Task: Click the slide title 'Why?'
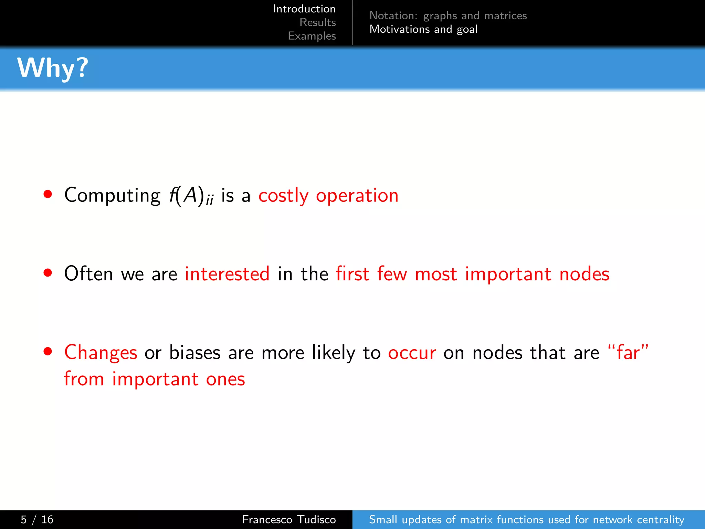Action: click(53, 68)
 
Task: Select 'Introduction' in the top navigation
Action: click(304, 9)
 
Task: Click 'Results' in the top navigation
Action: click(317, 22)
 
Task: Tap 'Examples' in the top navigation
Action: click(312, 36)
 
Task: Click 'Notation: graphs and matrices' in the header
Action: click(448, 15)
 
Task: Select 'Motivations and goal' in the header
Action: click(423, 29)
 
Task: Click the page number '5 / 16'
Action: click(37, 519)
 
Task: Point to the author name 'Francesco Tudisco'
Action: click(288, 519)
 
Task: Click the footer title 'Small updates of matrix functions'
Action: click(526, 519)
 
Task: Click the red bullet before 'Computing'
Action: click(48, 194)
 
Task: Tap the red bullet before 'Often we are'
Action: click(48, 273)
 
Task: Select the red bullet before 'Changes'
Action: click(48, 351)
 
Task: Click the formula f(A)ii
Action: click(191, 196)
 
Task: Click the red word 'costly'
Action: click(283, 196)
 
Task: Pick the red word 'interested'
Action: click(227, 274)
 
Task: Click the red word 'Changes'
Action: click(101, 353)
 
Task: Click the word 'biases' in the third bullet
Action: click(194, 353)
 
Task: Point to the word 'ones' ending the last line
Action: click(225, 380)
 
